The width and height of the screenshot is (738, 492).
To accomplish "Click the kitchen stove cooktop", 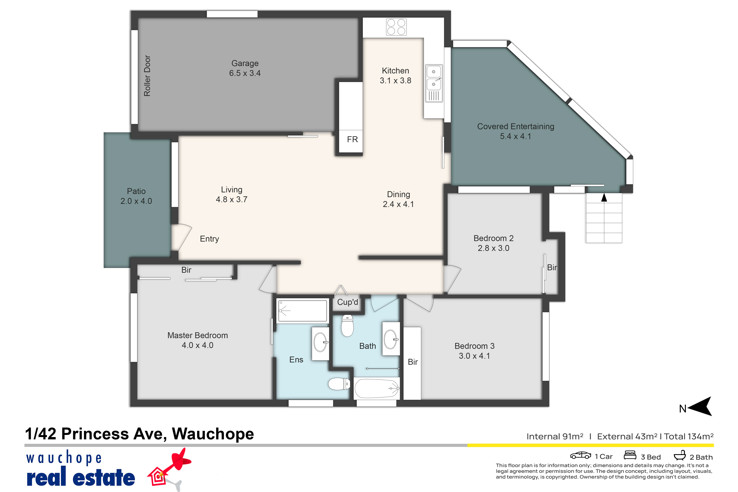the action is coord(396,27).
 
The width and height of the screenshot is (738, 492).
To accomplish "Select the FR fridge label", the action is coord(352,139).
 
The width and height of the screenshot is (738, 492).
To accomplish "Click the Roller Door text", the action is coord(147,76).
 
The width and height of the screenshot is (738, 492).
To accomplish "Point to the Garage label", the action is coord(245,63).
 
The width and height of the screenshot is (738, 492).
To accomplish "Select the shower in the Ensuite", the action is coord(302,311).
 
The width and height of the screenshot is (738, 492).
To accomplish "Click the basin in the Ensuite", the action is coord(320,342).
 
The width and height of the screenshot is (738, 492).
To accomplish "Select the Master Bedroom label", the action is coord(198,335).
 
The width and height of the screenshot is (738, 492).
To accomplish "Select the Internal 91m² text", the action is coord(555,436).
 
